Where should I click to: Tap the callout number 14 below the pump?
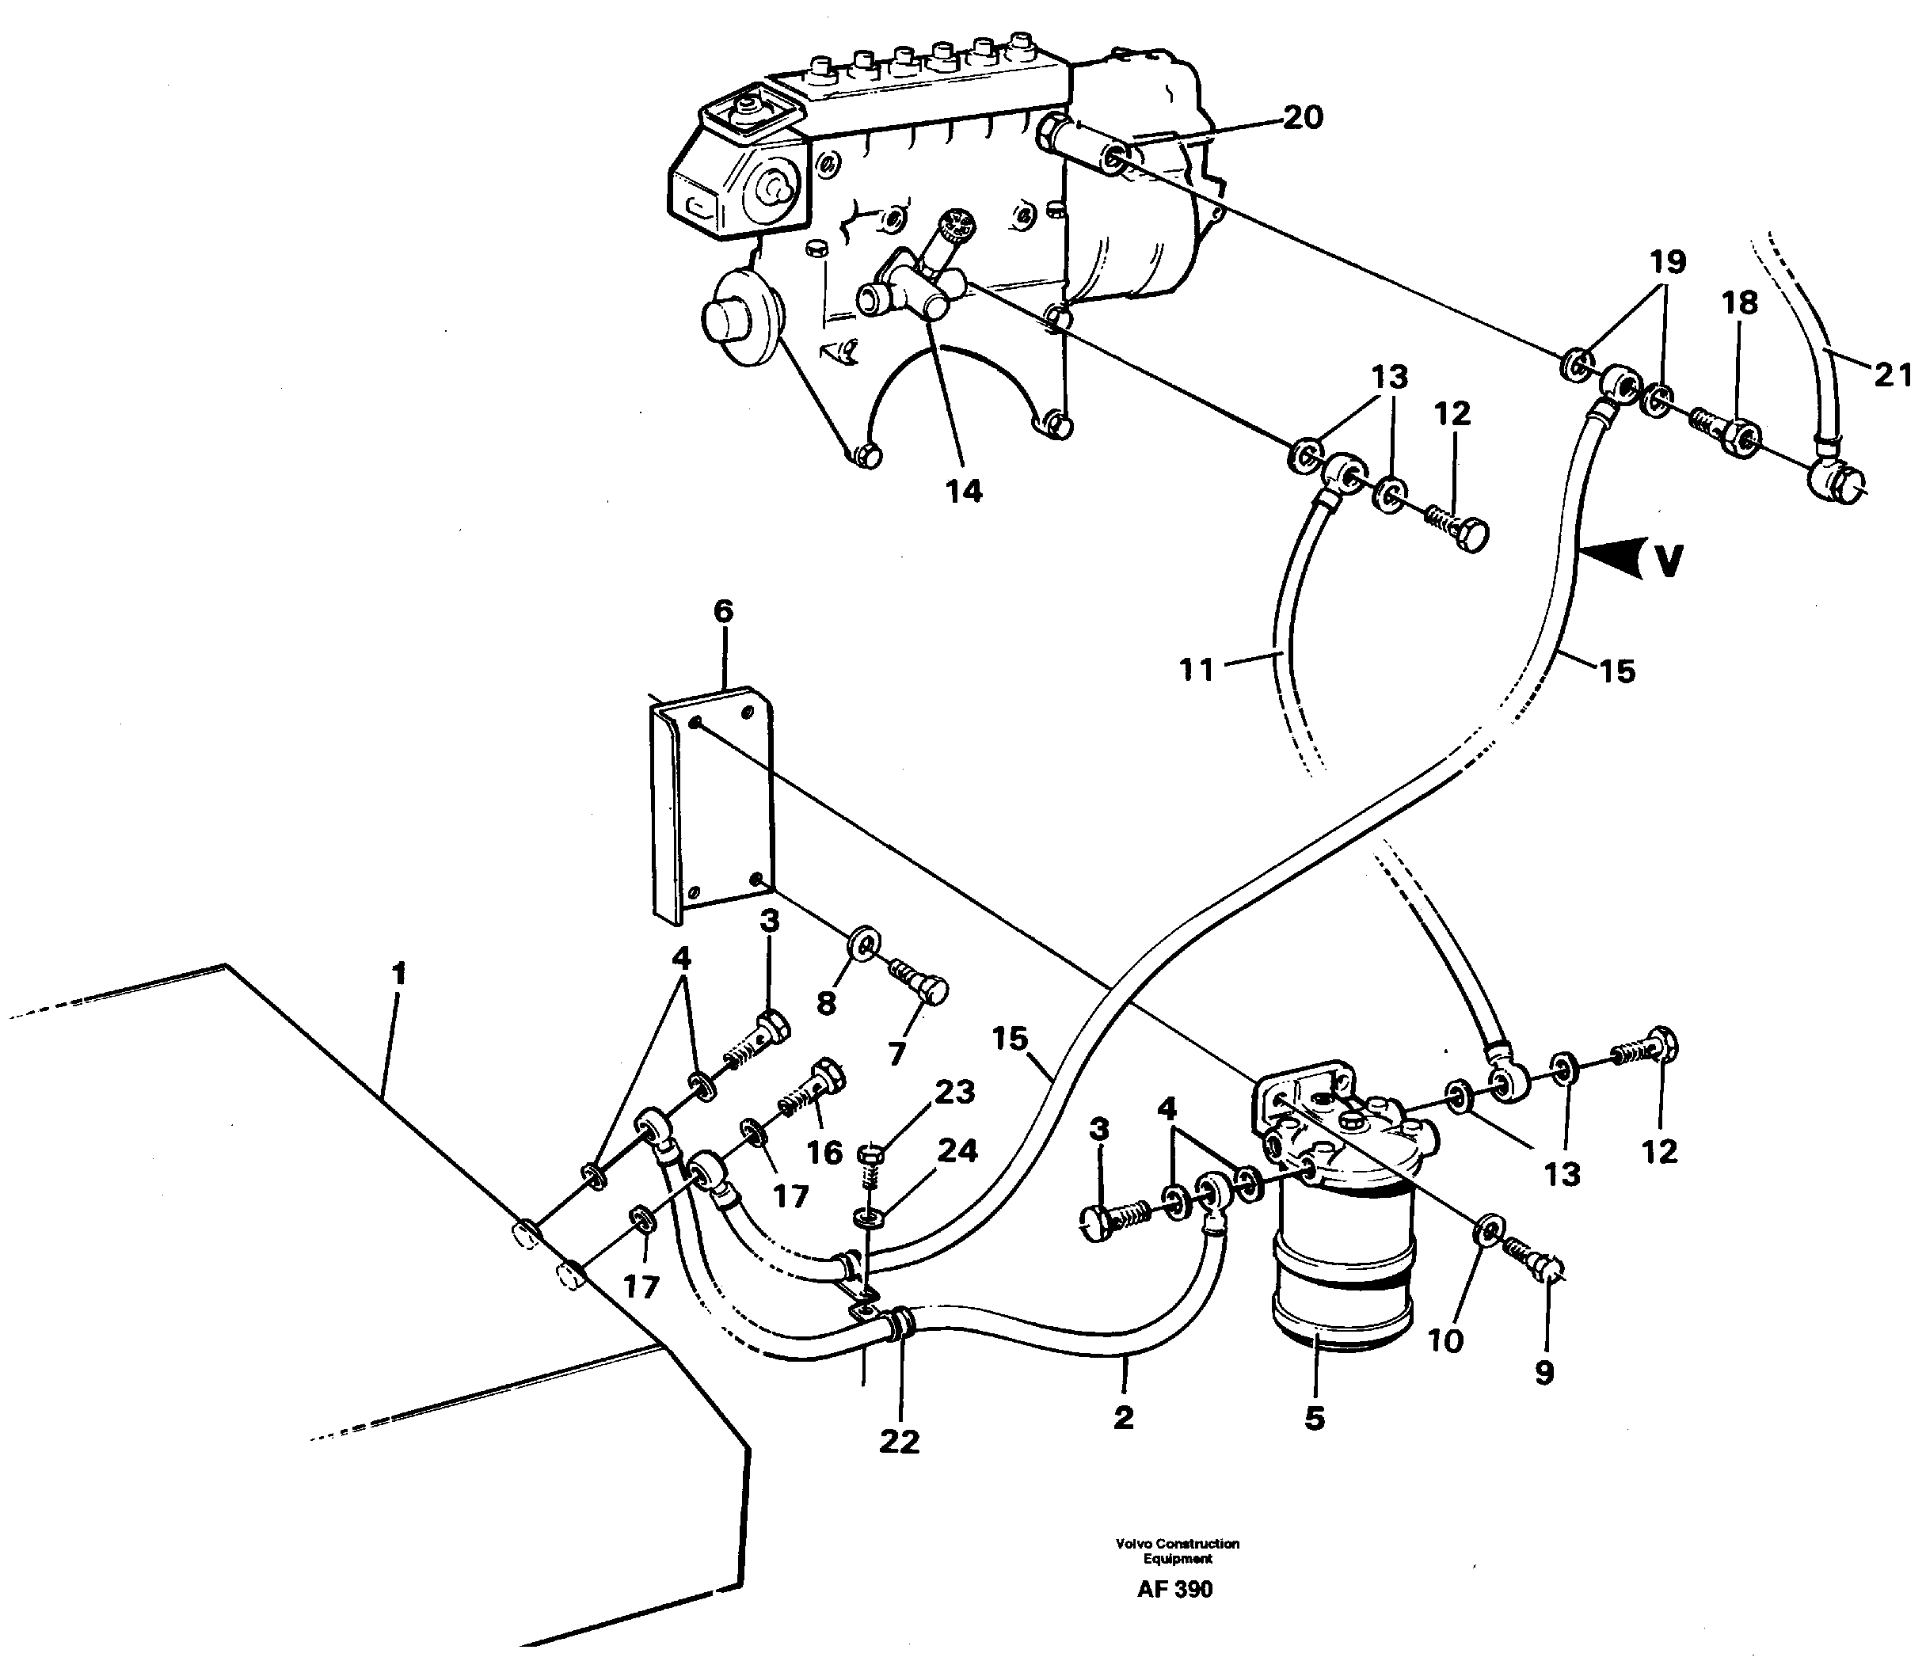(x=963, y=492)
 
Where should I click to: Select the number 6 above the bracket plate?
(x=723, y=612)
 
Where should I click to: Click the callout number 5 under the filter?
(x=1315, y=1419)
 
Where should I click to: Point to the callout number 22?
(x=899, y=1442)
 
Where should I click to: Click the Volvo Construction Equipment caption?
(x=1177, y=1550)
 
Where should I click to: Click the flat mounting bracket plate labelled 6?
(x=714, y=804)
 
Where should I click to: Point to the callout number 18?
(x=1739, y=303)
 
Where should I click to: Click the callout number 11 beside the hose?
(x=1197, y=669)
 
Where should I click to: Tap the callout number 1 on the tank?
(x=399, y=974)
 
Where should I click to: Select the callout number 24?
(x=957, y=1150)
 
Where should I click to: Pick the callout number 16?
(x=824, y=1153)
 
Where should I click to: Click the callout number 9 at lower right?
(x=1544, y=1373)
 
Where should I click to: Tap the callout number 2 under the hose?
(x=1123, y=1417)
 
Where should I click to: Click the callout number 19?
(x=1668, y=263)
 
